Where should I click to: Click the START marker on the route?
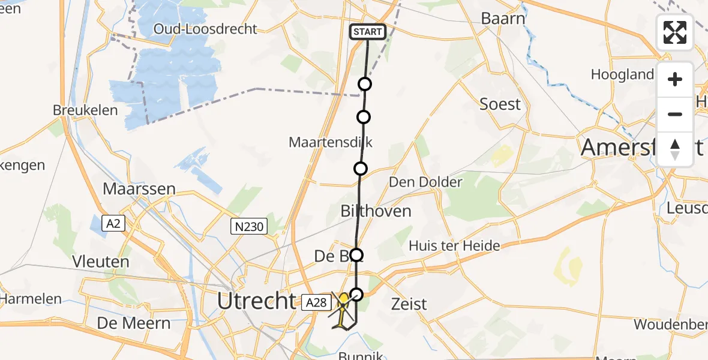pos(367,32)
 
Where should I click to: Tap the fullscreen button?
pos(675,32)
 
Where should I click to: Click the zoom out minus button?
pos(675,115)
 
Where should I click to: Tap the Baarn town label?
pos(503,19)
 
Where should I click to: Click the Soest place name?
pos(500,104)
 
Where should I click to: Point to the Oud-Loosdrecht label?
pos(205,29)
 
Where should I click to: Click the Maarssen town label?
pos(139,189)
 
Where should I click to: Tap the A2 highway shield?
pos(113,224)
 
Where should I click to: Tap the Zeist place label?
pos(409,304)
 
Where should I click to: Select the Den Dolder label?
pos(425,182)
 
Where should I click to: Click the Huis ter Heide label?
pos(454,246)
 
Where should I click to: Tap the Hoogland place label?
pos(622,74)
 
